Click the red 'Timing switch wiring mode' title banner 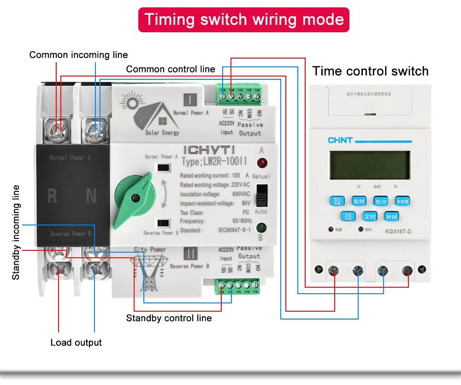pyautogui.click(x=244, y=19)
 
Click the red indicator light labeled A pyautogui.click(x=262, y=162)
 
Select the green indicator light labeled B pyautogui.click(x=261, y=227)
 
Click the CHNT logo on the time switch pyautogui.click(x=340, y=140)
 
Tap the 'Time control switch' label pyautogui.click(x=370, y=71)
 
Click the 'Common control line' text pyautogui.click(x=171, y=69)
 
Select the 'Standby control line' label pyautogui.click(x=169, y=318)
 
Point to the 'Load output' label pyautogui.click(x=76, y=343)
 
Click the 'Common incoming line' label pyautogui.click(x=78, y=55)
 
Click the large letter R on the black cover pyautogui.click(x=52, y=197)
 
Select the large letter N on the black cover pyautogui.click(x=91, y=197)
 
